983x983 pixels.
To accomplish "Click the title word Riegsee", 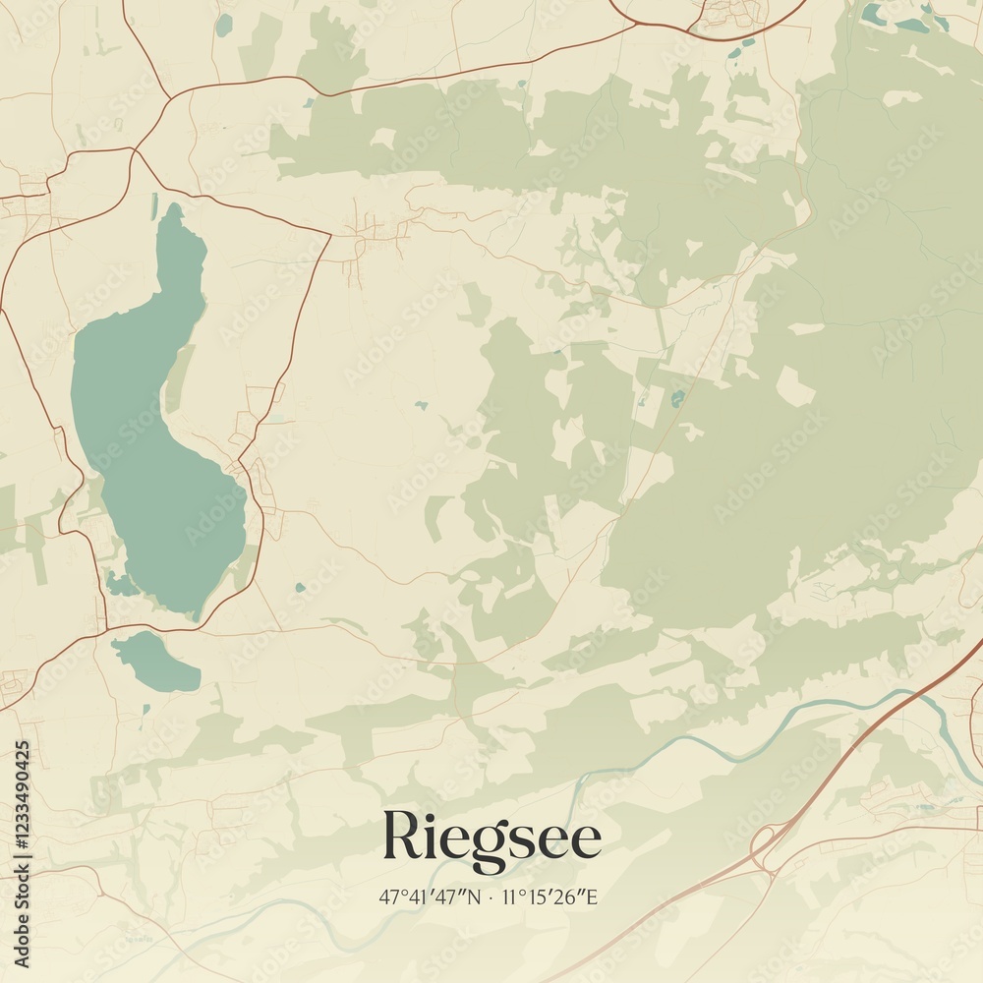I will coord(491,838).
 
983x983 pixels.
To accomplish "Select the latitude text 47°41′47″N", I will coord(431,896).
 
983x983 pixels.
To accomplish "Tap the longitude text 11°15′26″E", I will coord(549,896).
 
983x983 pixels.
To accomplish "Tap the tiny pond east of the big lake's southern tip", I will coord(300,588).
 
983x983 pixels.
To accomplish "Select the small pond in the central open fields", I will coord(421,405).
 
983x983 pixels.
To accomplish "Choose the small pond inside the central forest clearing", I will coord(677,398).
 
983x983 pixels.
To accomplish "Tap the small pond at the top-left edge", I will coord(224,24).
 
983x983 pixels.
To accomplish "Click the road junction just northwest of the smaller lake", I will coord(103,630).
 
